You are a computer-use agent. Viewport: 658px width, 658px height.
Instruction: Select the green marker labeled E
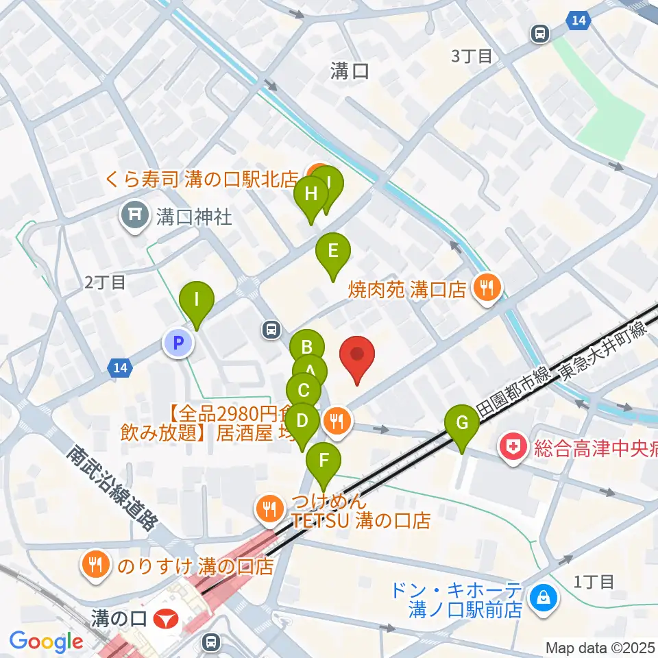tap(332, 251)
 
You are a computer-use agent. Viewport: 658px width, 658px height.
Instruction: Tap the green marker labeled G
tap(462, 424)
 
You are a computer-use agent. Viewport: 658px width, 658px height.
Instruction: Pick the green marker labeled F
tap(323, 461)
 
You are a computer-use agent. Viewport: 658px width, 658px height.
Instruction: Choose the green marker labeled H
tap(310, 195)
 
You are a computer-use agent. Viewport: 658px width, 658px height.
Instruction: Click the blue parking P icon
tap(178, 343)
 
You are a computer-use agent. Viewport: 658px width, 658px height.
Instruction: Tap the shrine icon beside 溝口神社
tap(134, 217)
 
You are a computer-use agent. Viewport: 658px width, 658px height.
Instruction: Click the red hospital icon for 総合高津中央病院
tap(515, 450)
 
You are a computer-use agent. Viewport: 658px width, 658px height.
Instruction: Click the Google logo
tap(46, 642)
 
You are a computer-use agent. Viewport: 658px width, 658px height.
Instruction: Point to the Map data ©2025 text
tap(600, 647)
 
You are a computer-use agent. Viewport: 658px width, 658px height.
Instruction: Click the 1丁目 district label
tap(594, 582)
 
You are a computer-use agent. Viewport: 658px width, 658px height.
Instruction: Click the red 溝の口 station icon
tap(165, 620)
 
